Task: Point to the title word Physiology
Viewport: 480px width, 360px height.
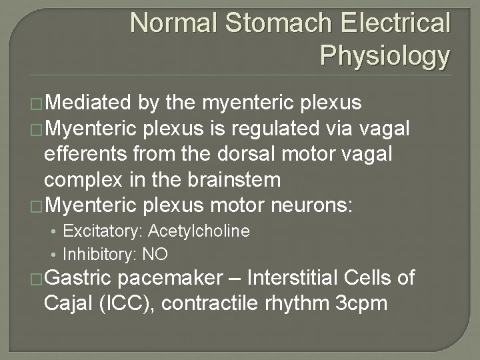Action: pos(385,56)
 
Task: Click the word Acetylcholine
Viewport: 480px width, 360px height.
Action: pos(199,231)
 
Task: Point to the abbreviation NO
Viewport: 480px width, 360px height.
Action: pos(158,254)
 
